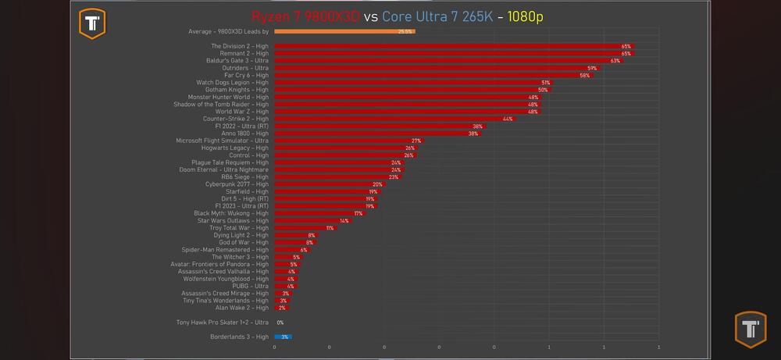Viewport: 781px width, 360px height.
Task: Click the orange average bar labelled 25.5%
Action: pyautogui.click(x=344, y=31)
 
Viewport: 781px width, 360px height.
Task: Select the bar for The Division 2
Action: pyautogui.click(x=453, y=46)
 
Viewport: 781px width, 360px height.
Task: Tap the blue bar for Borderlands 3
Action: pyautogui.click(x=283, y=337)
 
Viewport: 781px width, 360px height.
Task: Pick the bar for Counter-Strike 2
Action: pyautogui.click(x=394, y=119)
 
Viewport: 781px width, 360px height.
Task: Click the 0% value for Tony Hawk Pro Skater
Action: pyautogui.click(x=280, y=323)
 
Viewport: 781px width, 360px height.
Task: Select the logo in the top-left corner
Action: pyautogui.click(x=93, y=23)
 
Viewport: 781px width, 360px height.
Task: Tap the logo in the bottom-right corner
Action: pyautogui.click(x=751, y=329)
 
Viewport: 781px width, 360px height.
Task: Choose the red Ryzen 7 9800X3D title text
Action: pyautogui.click(x=305, y=16)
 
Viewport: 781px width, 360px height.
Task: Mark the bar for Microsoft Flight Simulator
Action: pyautogui.click(x=348, y=141)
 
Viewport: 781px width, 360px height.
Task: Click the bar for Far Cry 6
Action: pyautogui.click(x=433, y=75)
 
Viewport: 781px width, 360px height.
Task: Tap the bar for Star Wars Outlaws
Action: pyautogui.click(x=312, y=221)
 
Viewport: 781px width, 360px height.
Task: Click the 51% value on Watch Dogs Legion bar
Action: pyautogui.click(x=545, y=82)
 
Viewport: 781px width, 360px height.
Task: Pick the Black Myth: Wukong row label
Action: pyautogui.click(x=231, y=213)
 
